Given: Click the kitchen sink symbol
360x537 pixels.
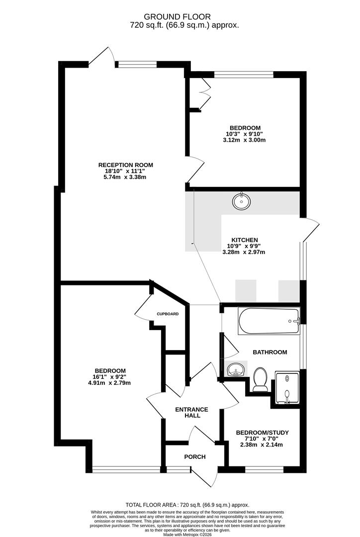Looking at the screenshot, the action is point(242,201).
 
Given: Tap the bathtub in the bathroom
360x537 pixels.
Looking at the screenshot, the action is point(269,321).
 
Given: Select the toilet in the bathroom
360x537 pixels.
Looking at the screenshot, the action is point(261,379).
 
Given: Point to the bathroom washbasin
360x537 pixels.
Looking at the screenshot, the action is point(236,369).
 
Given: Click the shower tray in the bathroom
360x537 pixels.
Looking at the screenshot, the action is point(287,388).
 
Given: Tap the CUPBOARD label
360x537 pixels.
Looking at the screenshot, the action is point(168,314).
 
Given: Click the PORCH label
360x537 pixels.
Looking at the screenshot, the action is point(195,456).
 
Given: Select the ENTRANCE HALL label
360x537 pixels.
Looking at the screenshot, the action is point(191,412).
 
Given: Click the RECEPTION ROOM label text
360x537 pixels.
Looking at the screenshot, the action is point(126,165).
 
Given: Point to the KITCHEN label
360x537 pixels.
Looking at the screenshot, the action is point(245,240).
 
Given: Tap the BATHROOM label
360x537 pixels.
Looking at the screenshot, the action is point(270,352).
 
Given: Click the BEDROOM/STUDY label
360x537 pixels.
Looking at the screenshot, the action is point(263,433).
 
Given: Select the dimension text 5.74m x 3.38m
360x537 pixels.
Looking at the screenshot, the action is point(125,177).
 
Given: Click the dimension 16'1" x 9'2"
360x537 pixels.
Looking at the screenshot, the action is point(110,377).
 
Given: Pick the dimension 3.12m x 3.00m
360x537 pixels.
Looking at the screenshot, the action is point(244,140).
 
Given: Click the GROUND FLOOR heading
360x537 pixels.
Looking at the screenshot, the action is point(177,16).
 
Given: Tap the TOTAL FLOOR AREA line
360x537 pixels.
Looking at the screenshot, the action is point(187,505).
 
